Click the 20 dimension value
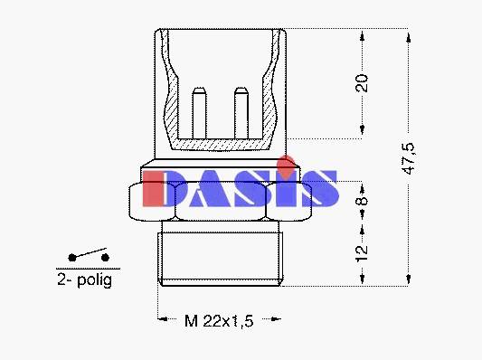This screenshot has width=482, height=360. [x=362, y=83]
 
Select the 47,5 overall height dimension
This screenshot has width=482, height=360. [x=409, y=159]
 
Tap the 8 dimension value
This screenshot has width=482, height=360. [x=362, y=200]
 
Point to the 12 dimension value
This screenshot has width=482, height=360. [x=362, y=253]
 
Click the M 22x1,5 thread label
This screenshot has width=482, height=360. [x=219, y=321]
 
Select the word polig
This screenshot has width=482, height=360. [x=95, y=280]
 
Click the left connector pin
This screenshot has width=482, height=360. [x=199, y=113]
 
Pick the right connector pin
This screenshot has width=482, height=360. [x=241, y=113]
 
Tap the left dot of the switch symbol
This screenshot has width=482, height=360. [x=72, y=258]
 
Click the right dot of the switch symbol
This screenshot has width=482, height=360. [x=105, y=257]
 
